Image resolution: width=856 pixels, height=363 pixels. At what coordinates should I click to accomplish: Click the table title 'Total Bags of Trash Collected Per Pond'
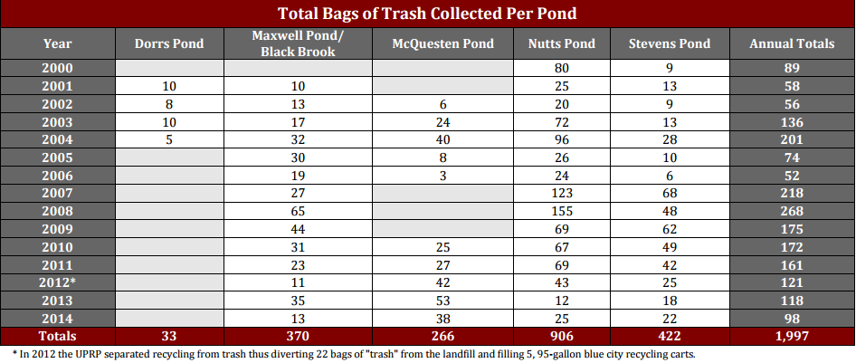pyautogui.click(x=427, y=14)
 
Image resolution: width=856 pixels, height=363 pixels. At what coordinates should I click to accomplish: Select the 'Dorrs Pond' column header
pyautogui.click(x=169, y=43)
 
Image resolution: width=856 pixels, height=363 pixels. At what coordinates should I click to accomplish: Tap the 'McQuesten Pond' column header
pyautogui.click(x=443, y=43)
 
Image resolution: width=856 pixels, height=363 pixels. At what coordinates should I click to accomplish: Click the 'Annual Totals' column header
pyautogui.click(x=792, y=43)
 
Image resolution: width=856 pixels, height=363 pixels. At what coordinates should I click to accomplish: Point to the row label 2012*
pyautogui.click(x=57, y=282)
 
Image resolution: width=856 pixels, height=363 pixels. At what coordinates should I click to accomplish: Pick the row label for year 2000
pyautogui.click(x=57, y=68)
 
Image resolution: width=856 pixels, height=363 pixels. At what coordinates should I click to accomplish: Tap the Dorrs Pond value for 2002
pyautogui.click(x=169, y=104)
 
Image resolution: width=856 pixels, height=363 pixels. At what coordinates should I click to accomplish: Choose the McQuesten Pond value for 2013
pyautogui.click(x=443, y=301)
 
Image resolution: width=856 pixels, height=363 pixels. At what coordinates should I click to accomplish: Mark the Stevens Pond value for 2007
pyautogui.click(x=670, y=193)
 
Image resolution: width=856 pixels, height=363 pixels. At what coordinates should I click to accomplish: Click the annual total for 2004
pyautogui.click(x=792, y=139)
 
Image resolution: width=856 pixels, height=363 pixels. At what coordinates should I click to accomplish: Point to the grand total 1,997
pyautogui.click(x=792, y=337)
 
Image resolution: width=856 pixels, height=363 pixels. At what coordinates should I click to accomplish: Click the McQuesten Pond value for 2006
pyautogui.click(x=443, y=175)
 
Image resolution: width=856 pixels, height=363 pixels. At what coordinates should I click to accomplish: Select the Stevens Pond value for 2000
pyautogui.click(x=670, y=68)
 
